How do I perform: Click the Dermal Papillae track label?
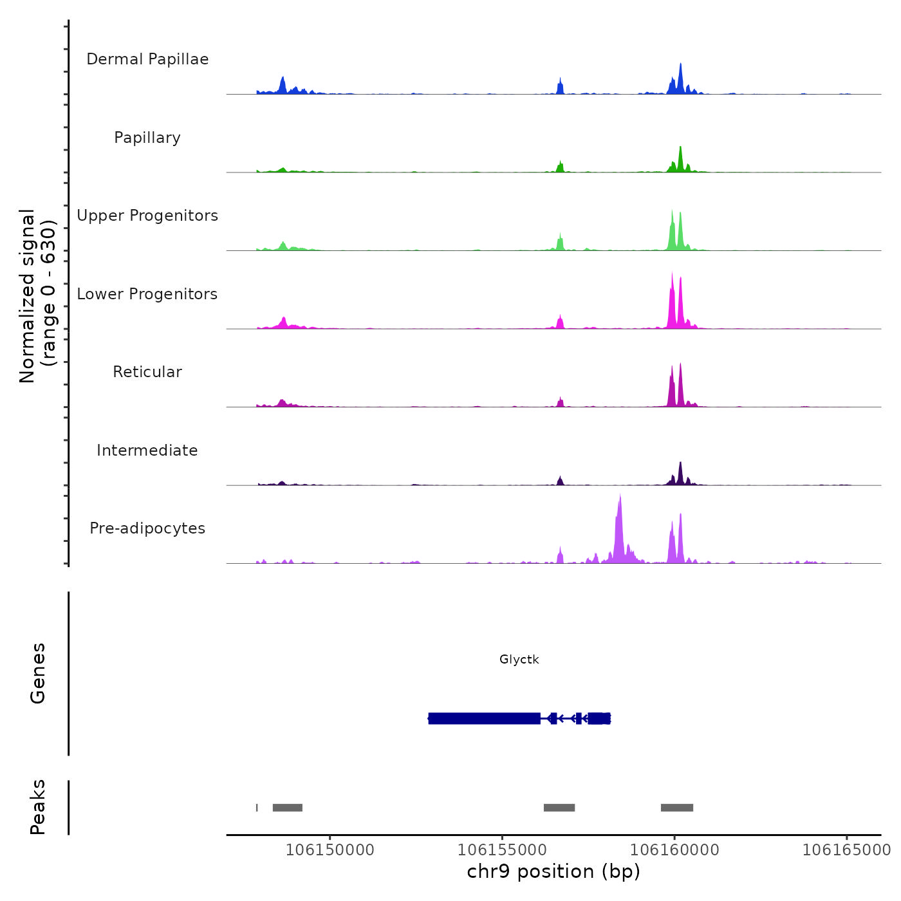point(147,59)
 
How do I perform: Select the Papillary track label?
point(147,138)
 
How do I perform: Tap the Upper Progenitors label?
point(147,216)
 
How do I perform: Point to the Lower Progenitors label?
point(147,294)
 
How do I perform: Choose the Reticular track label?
point(147,372)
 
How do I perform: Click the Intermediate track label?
point(147,450)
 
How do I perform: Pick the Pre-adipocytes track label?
point(147,528)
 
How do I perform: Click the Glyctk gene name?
point(519,659)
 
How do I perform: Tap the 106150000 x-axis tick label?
point(330,850)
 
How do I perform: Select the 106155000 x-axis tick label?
point(502,850)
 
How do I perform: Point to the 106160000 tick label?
point(674,850)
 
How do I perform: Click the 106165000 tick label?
point(846,850)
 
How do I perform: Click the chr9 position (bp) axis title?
point(553,871)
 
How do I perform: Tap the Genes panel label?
point(38,673)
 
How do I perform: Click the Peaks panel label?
point(38,807)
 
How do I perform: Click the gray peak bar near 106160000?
point(677,808)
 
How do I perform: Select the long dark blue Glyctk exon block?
point(484,718)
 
